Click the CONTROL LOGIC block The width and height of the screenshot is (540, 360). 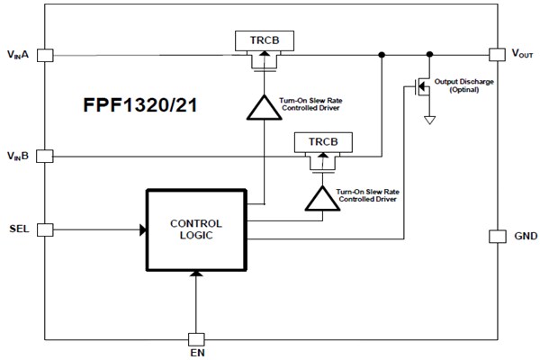195,229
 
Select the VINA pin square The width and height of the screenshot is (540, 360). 45,55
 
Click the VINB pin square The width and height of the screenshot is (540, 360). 45,156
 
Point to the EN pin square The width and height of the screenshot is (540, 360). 195,339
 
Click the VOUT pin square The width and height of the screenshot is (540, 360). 495,55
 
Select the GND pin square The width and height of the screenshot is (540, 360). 495,237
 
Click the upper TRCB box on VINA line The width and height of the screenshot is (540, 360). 262,40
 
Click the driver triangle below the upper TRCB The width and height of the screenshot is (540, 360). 262,107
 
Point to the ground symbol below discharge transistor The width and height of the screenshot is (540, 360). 430,119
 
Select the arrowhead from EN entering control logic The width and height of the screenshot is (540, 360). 195,274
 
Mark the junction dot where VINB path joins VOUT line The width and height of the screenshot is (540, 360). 382,55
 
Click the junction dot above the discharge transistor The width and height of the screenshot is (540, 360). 430,55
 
